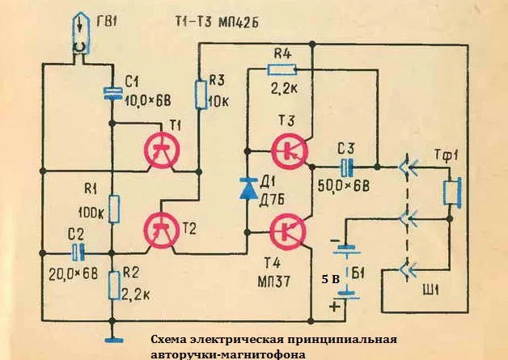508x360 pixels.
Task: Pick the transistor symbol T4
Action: click(x=289, y=230)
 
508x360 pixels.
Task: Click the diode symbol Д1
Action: click(x=247, y=188)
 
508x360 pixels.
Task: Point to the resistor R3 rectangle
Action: click(x=200, y=94)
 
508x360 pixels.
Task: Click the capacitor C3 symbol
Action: click(x=347, y=168)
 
